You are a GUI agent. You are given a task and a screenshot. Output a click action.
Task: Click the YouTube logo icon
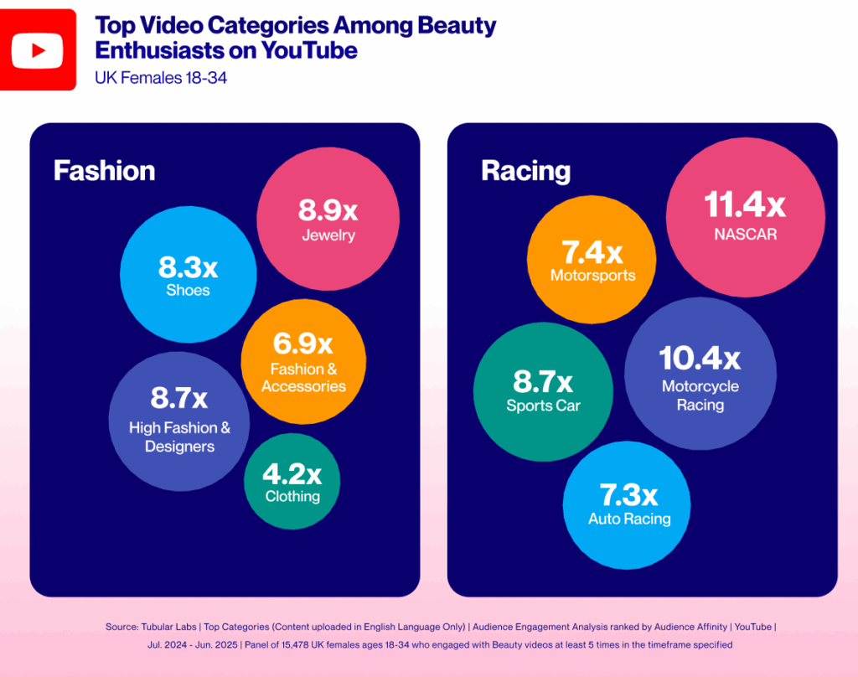click(x=37, y=49)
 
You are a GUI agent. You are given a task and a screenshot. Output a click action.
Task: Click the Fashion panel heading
click(x=104, y=171)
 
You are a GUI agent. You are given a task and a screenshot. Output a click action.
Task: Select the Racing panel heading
click(x=525, y=171)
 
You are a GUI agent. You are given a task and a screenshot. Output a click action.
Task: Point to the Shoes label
click(x=188, y=291)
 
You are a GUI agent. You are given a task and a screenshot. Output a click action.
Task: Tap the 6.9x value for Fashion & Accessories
click(x=302, y=344)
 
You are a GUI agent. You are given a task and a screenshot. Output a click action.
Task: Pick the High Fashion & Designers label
click(x=179, y=437)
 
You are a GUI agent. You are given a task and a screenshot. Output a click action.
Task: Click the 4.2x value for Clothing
click(x=292, y=474)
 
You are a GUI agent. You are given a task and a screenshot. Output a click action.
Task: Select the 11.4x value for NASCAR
click(x=744, y=205)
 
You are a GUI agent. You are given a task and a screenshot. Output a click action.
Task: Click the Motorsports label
click(x=592, y=275)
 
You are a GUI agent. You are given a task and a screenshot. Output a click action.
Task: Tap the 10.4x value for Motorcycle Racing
click(x=700, y=359)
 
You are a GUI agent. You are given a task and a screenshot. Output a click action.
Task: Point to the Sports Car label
click(x=543, y=406)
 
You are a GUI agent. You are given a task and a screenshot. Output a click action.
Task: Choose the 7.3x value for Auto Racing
click(x=628, y=494)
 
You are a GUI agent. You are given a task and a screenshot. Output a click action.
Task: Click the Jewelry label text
click(x=328, y=235)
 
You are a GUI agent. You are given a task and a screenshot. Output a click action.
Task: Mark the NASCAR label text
click(x=745, y=234)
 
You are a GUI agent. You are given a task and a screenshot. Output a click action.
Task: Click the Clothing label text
click(x=292, y=496)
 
